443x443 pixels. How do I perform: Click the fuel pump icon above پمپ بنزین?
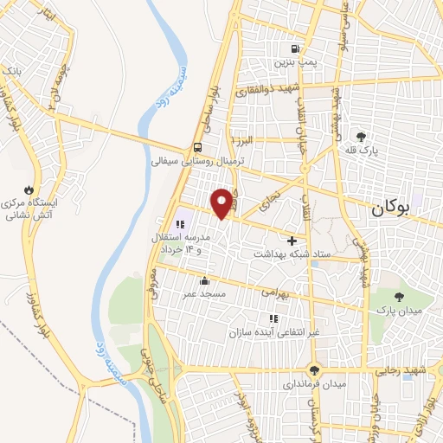297,48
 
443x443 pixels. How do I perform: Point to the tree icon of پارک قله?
361,136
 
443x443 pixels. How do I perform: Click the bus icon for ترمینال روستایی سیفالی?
199,146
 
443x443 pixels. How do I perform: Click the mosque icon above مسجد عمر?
203,280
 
